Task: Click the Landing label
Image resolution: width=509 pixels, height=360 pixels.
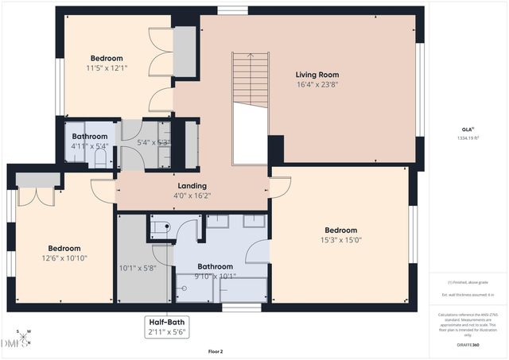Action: (192, 185)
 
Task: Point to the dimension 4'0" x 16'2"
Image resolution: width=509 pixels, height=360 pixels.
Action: (192, 195)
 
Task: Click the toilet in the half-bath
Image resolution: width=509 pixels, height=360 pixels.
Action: (161, 227)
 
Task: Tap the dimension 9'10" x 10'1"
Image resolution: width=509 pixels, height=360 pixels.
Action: (215, 277)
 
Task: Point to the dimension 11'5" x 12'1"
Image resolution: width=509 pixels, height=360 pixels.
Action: (107, 68)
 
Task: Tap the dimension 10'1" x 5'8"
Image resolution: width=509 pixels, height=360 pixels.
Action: (138, 268)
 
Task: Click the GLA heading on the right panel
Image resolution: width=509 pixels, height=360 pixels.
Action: (468, 129)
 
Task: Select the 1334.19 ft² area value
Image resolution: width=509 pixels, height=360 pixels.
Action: (468, 137)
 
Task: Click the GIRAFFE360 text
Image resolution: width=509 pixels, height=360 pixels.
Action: (468, 345)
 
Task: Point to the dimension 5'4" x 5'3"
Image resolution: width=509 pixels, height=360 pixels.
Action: (153, 143)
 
